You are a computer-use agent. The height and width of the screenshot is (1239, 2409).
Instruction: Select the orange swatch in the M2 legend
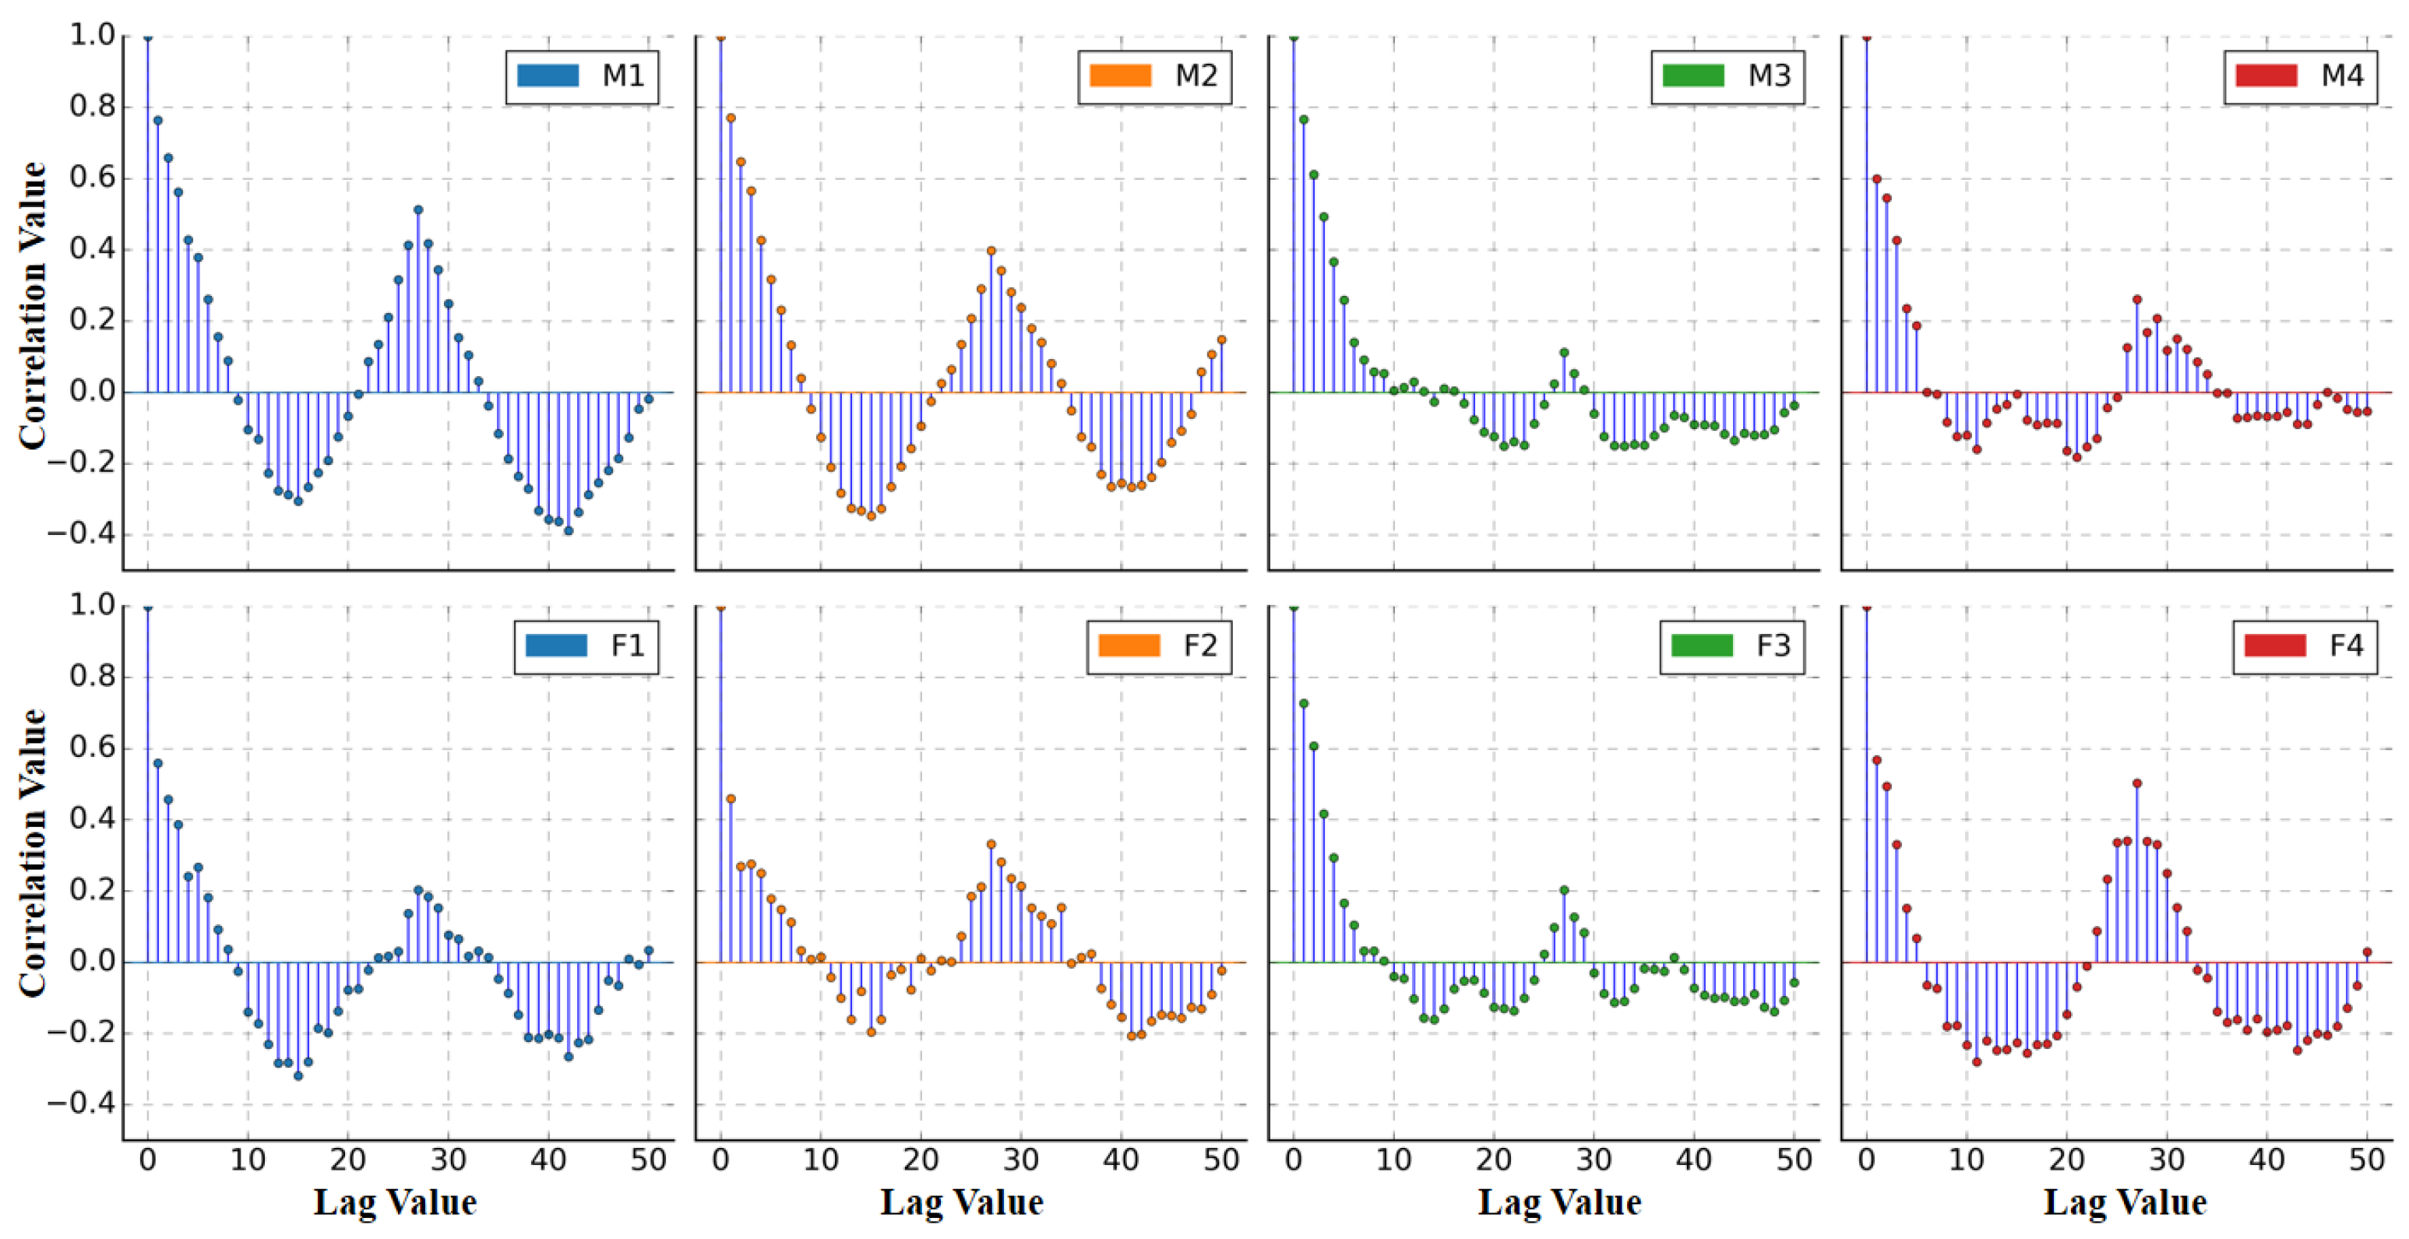point(1119,76)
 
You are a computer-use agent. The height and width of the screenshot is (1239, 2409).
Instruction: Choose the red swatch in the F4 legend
point(2274,646)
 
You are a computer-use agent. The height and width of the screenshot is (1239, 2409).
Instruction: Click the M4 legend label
point(2342,76)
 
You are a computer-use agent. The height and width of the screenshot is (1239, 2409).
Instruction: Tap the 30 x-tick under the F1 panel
point(448,1160)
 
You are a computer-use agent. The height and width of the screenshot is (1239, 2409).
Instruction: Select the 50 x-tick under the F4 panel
point(2366,1160)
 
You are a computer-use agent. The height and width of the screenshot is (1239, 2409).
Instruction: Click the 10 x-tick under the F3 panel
point(1393,1160)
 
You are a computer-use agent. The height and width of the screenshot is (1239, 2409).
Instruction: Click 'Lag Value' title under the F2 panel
point(961,1202)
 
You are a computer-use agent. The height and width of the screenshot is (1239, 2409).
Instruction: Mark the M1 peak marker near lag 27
point(418,210)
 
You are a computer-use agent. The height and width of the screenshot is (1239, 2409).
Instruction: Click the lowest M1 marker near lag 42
point(568,531)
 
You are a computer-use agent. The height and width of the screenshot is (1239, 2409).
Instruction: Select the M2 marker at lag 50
point(1221,340)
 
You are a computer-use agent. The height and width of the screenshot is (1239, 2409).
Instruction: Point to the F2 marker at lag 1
point(731,798)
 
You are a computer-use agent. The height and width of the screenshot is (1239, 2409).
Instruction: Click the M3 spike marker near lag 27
point(1564,354)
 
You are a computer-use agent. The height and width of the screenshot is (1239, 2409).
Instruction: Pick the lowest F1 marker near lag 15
point(298,1076)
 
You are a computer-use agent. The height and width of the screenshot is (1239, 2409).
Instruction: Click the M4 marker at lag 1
point(1876,178)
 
